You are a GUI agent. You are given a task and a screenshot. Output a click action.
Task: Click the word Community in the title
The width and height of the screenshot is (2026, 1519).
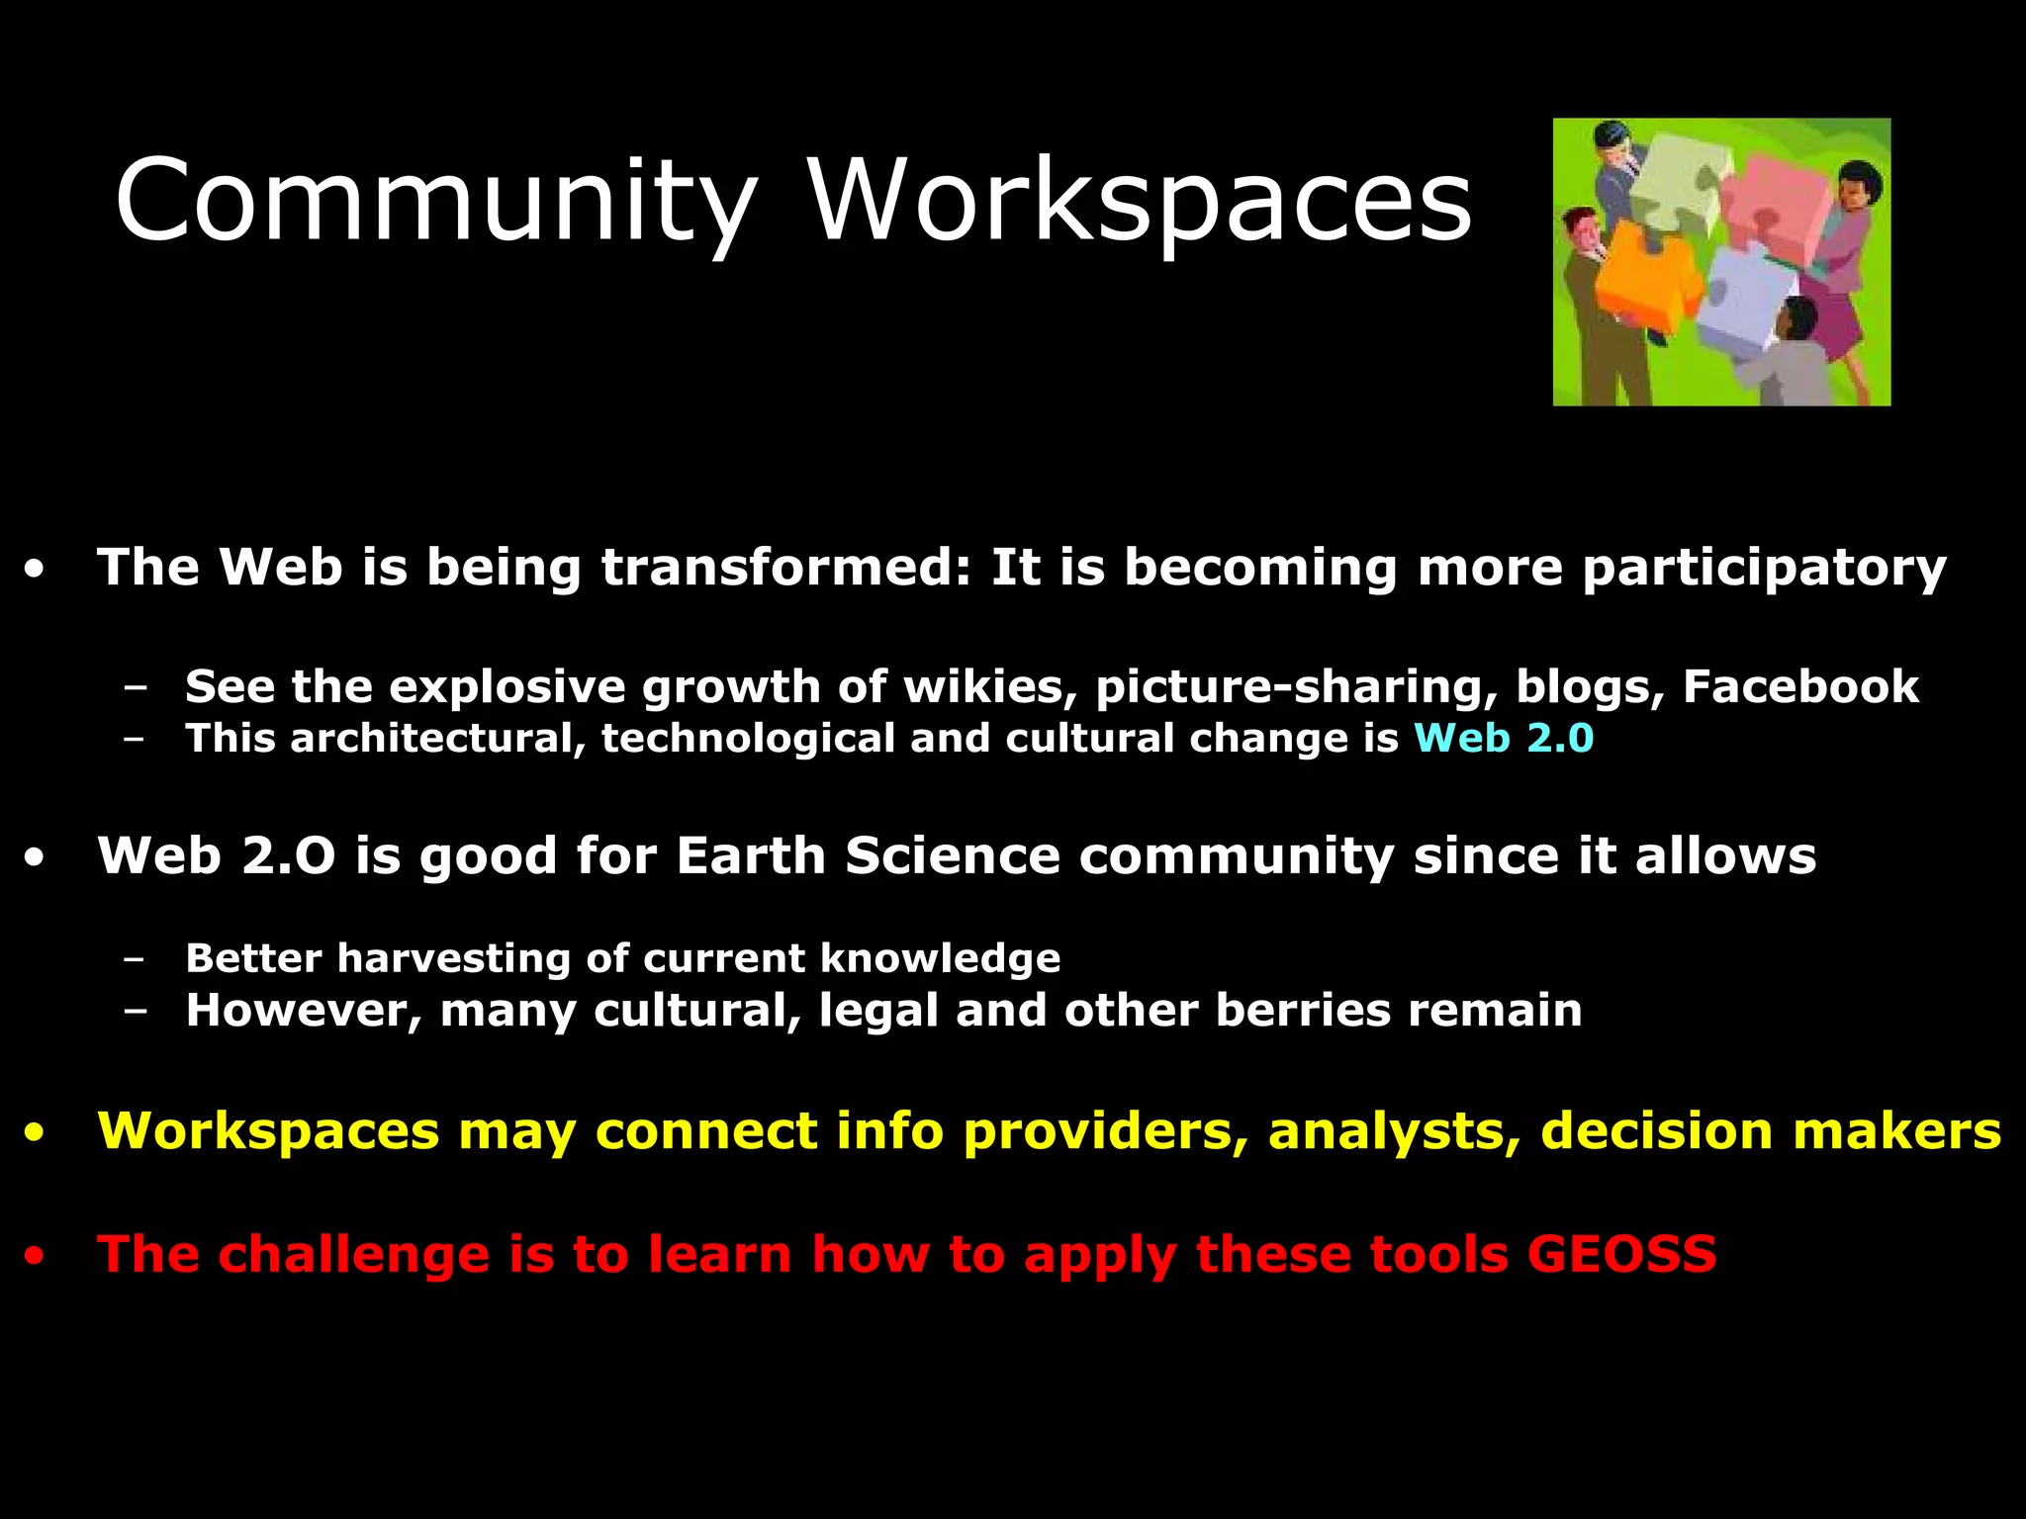(x=435, y=203)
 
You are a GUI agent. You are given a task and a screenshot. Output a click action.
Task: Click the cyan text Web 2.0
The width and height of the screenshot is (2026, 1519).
(x=1504, y=739)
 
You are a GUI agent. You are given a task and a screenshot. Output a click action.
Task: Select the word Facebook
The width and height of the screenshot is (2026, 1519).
(x=1800, y=686)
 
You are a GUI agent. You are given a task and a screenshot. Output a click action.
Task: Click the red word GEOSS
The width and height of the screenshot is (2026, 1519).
(x=1622, y=1254)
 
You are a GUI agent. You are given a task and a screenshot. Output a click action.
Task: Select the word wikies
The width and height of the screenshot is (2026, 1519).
(x=989, y=686)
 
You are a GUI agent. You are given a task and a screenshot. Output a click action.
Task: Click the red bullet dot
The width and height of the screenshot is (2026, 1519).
(x=36, y=1257)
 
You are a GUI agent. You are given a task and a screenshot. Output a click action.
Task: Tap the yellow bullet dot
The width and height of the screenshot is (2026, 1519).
(x=36, y=1133)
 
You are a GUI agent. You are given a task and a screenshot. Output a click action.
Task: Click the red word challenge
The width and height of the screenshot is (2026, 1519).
(x=354, y=1254)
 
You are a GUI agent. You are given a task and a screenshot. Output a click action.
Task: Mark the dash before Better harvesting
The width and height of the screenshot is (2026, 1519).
(x=137, y=959)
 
